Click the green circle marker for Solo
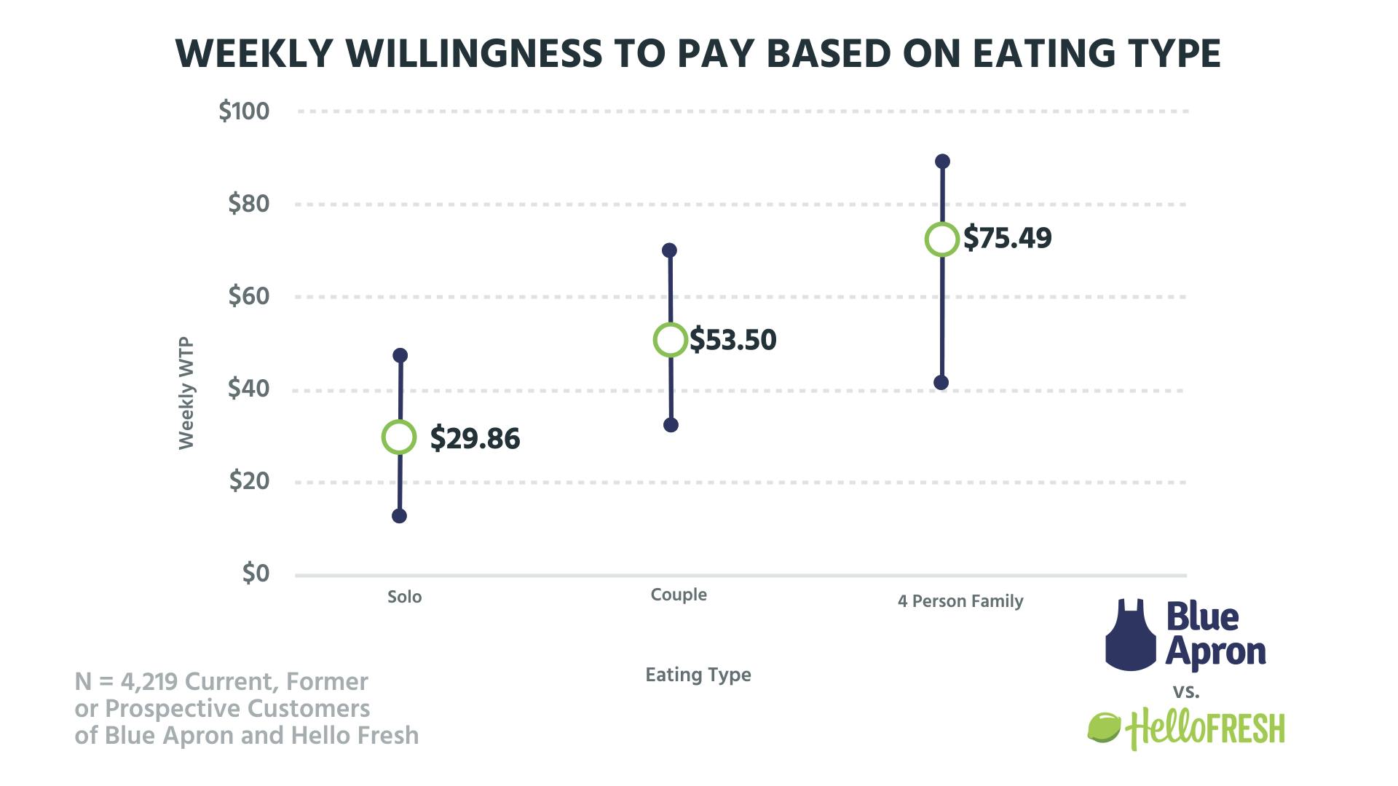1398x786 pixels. click(399, 437)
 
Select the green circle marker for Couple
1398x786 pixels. click(671, 340)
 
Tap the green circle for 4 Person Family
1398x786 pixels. click(941, 239)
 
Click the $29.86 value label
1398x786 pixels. click(475, 439)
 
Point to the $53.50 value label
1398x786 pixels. click(733, 340)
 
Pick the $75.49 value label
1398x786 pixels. click(1008, 238)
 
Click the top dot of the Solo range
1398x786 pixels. click(400, 355)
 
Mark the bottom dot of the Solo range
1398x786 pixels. click(399, 516)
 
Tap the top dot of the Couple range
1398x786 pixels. click(669, 250)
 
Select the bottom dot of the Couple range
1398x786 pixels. click(671, 425)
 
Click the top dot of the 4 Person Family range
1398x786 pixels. click(942, 161)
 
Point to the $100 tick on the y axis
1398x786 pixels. click(244, 111)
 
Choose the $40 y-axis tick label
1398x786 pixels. click(248, 389)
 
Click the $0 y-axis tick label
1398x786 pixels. click(256, 573)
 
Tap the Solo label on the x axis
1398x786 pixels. click(404, 597)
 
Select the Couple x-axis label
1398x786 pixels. click(679, 595)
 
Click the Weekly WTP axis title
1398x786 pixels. click(186, 393)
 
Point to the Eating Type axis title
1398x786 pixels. click(698, 675)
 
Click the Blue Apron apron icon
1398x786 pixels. click(1131, 635)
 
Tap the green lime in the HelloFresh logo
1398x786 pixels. click(1104, 727)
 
